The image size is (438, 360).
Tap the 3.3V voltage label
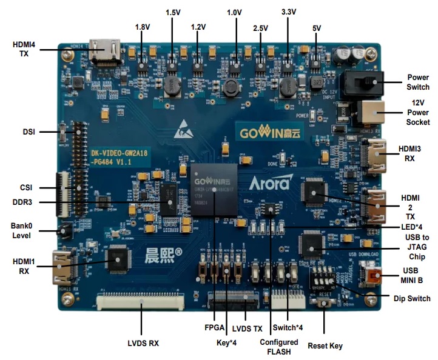coord(289,12)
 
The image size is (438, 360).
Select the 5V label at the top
coord(316,27)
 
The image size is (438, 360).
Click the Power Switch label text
coord(419,82)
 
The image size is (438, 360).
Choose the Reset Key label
coord(325,346)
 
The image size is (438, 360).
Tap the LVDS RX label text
coord(143,343)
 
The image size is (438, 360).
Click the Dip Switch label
coord(412,299)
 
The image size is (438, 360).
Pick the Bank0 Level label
coord(21,231)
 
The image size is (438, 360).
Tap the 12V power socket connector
coord(371,113)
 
